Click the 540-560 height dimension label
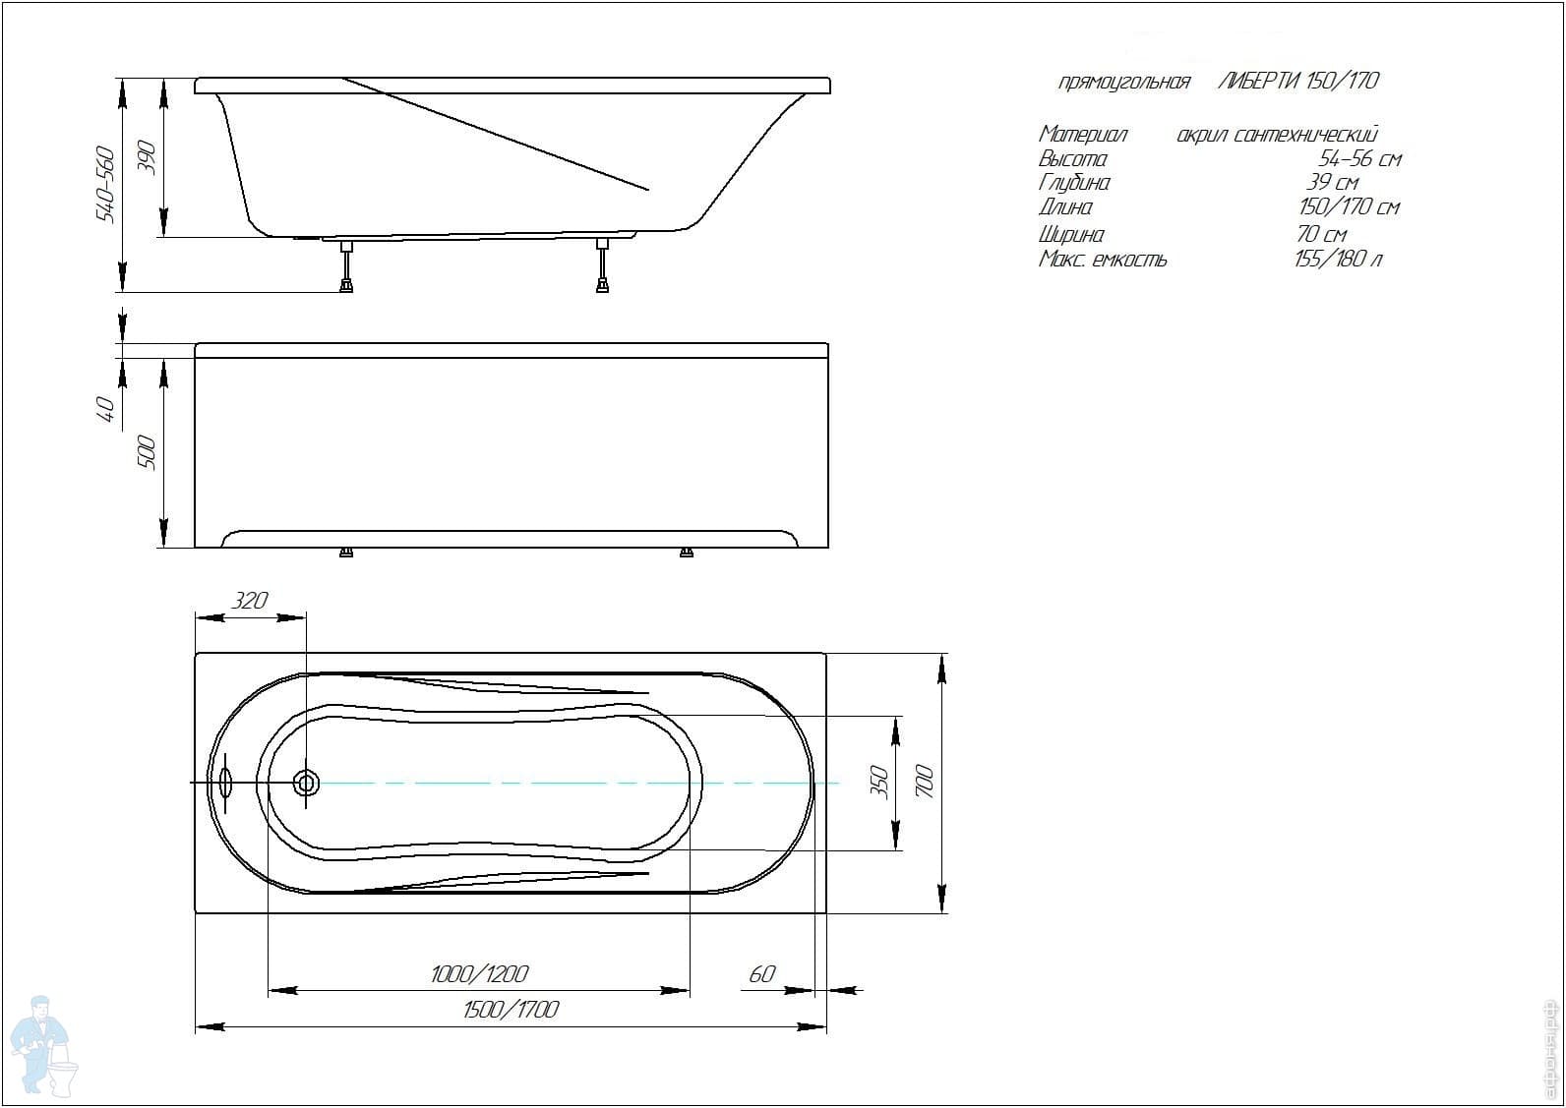click(x=105, y=184)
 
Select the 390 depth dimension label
click(x=147, y=157)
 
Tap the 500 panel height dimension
click(x=147, y=452)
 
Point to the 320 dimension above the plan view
click(x=250, y=600)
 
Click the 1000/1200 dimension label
click(x=480, y=974)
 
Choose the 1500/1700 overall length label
click(x=512, y=1010)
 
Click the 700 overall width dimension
click(x=925, y=781)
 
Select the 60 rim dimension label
click(x=762, y=974)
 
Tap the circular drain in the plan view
click(x=306, y=784)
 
